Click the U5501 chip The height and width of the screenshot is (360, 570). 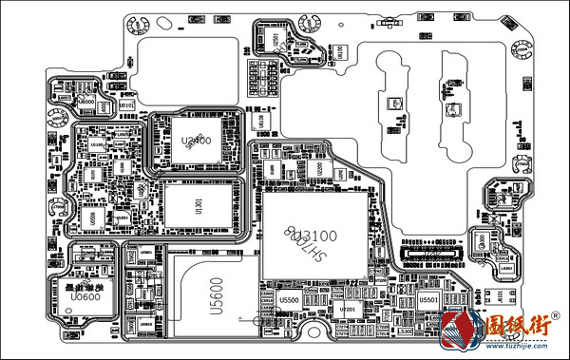(x=427, y=300)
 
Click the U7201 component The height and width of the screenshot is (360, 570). (x=347, y=310)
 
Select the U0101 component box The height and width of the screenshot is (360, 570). (x=127, y=103)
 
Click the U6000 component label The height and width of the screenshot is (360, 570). (x=85, y=100)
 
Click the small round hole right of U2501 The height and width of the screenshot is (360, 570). (x=336, y=49)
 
